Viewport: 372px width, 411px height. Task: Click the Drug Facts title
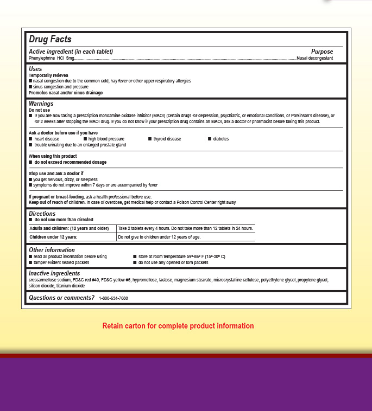(x=50, y=40)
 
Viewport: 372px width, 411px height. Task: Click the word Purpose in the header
(x=322, y=52)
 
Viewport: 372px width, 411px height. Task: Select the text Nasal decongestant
(x=314, y=58)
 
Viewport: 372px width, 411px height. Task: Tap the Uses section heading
(x=35, y=69)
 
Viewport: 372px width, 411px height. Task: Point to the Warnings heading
(x=41, y=104)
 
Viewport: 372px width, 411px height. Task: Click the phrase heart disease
(x=47, y=139)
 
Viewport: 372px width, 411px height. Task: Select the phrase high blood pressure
(x=106, y=139)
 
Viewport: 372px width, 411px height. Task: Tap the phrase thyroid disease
(x=167, y=139)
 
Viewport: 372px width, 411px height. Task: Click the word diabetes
(x=221, y=139)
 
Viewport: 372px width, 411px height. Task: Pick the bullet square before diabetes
(x=210, y=139)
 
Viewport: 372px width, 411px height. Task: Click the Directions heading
(x=42, y=214)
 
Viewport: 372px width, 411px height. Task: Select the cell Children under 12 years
(x=53, y=237)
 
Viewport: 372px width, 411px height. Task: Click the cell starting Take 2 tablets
(x=185, y=228)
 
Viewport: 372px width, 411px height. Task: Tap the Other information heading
(x=52, y=250)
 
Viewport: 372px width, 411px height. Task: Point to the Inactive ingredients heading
(x=54, y=273)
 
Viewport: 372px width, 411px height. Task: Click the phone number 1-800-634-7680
(x=114, y=298)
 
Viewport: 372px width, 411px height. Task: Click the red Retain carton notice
(x=178, y=326)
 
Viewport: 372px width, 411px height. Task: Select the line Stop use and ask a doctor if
(x=56, y=174)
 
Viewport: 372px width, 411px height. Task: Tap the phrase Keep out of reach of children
(x=56, y=202)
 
